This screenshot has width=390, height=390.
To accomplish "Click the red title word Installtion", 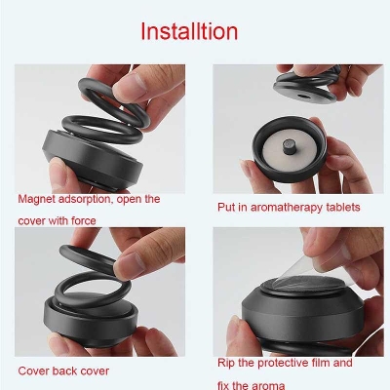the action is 189,31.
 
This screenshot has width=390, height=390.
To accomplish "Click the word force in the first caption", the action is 84,220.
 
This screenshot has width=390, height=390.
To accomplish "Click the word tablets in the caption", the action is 343,207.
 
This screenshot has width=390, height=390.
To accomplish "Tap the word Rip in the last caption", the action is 226,363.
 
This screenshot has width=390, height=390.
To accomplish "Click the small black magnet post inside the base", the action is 289,146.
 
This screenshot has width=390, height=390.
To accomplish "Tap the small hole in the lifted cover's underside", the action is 303,97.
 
